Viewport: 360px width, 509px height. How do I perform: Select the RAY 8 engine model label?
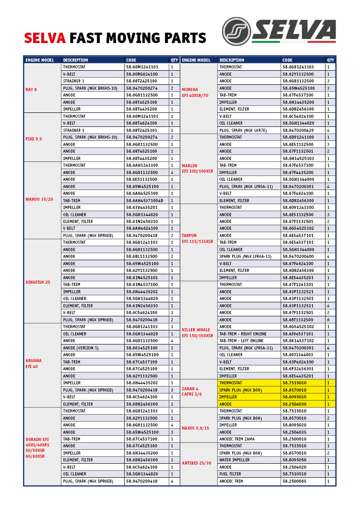coord(31,89)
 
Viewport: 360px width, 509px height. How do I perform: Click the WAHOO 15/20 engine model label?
coord(39,199)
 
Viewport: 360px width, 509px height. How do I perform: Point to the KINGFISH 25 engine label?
coord(38,282)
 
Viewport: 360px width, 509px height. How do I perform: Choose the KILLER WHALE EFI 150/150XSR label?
coord(197,333)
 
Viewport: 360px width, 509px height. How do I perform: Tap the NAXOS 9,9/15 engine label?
coord(196,428)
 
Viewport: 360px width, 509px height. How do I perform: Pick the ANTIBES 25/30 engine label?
coord(197,463)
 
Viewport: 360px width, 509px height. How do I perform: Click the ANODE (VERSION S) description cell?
coord(81,348)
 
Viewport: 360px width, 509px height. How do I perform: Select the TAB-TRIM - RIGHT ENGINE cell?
coord(243,334)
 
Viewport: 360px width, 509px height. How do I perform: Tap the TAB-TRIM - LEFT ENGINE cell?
coord(241,341)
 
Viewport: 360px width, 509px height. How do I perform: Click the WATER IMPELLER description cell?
coord(234,460)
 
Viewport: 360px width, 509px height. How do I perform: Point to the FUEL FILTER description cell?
coord(230,474)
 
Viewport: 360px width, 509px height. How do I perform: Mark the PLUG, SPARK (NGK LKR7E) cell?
coord(243,131)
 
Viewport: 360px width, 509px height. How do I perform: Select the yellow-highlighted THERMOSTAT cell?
coord(231,383)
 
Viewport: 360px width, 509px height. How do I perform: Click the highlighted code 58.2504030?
coord(294,404)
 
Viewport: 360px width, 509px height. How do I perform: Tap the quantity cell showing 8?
coord(328,320)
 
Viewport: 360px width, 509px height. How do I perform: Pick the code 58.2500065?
coord(294,481)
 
